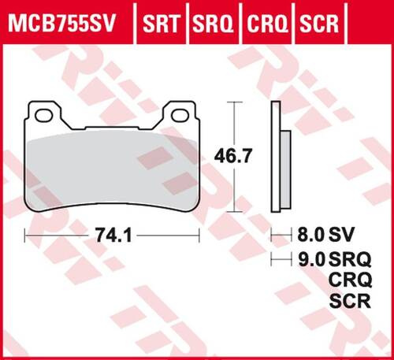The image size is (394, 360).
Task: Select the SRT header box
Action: pyautogui.click(x=160, y=17)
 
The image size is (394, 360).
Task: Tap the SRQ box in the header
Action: pyautogui.click(x=211, y=17)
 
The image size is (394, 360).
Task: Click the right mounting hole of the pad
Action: pyautogui.click(x=180, y=116)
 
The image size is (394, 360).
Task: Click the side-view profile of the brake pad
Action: pyautogui.click(x=277, y=158)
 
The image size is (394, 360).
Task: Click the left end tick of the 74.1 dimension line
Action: pyautogui.click(x=25, y=235)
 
